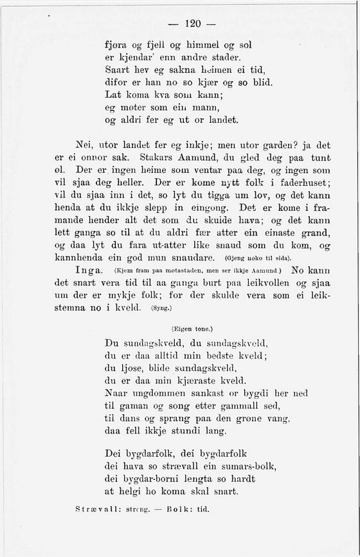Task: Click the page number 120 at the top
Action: coord(193,24)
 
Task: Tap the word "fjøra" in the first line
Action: coord(116,46)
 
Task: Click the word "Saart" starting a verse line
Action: coord(117,70)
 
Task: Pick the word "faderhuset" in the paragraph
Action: coord(305,181)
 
